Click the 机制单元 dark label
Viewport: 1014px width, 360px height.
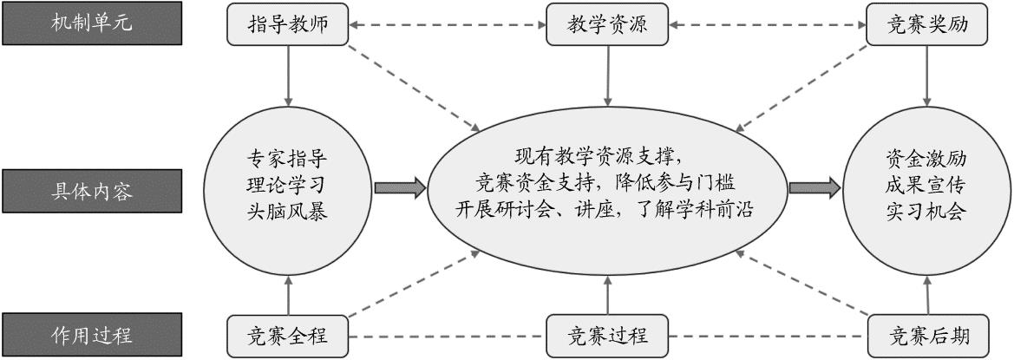91,23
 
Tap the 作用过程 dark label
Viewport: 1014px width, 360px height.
91,334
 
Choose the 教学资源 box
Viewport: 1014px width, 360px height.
608,25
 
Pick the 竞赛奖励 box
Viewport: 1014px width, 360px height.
928,25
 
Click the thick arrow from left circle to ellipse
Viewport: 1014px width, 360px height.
400,187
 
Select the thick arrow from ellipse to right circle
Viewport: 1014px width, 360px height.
814,187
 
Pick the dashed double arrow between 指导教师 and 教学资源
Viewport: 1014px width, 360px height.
448,25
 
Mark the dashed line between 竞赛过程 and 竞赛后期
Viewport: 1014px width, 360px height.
769,336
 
